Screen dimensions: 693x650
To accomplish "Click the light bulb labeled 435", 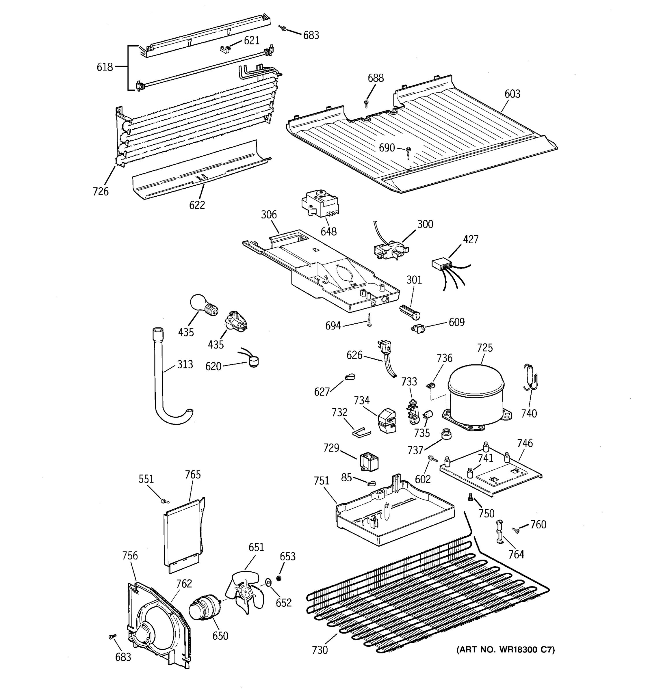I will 202,305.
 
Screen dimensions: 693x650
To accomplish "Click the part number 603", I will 512,94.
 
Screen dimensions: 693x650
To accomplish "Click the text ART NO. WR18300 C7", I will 505,649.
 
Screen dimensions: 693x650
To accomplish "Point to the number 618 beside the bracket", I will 105,67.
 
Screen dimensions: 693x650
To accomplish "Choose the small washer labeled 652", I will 268,582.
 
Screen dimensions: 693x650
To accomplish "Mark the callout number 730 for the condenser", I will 320,650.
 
